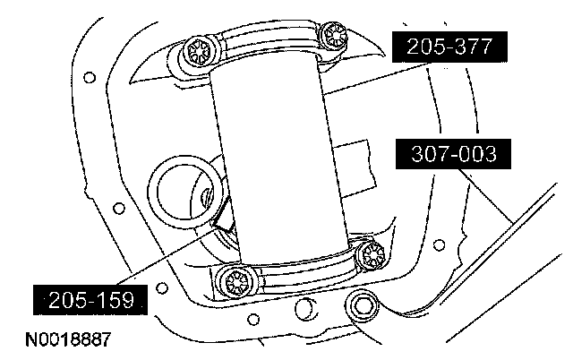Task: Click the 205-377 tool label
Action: [449, 47]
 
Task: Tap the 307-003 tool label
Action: [453, 153]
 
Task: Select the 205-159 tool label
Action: [90, 300]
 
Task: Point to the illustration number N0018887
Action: [68, 339]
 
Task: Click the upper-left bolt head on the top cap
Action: [197, 52]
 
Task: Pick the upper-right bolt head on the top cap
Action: [333, 37]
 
